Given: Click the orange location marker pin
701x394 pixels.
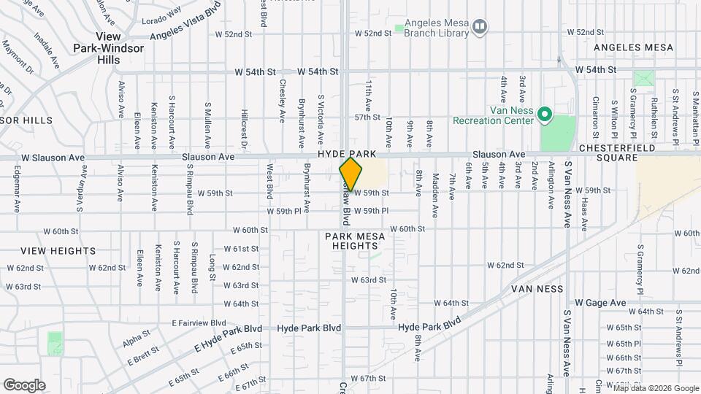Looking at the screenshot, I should point(351,174).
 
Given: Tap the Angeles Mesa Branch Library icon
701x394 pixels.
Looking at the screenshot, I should point(480,27).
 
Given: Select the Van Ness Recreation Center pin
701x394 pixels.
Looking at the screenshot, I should point(544,115).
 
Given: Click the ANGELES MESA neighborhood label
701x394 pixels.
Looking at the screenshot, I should point(633,47).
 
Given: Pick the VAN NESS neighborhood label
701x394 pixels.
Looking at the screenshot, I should point(537,289).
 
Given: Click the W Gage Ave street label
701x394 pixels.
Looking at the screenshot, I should point(600,303).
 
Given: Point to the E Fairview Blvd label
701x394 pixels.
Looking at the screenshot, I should point(199,322).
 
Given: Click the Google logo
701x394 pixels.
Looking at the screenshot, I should point(24,385).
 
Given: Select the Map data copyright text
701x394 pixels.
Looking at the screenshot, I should point(656,388).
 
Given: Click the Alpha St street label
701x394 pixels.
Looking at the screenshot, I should point(136,338).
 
